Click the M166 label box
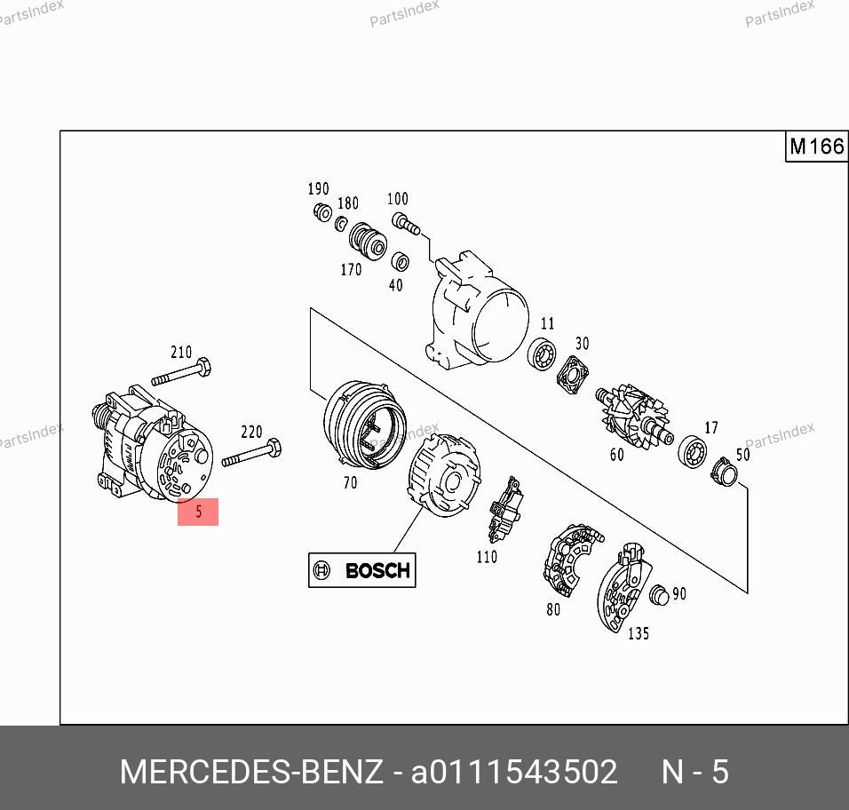(816, 147)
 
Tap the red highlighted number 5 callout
(198, 512)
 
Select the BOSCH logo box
(361, 570)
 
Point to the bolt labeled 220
(252, 453)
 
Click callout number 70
(350, 482)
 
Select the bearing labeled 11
(542, 354)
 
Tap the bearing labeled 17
(692, 451)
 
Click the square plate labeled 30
(572, 375)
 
